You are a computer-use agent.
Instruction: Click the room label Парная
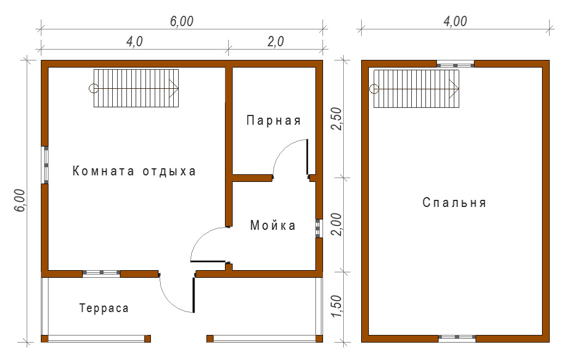tap(273, 120)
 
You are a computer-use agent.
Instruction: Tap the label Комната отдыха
tap(134, 171)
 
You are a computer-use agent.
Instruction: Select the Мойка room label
tap(273, 225)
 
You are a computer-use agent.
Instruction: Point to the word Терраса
tap(104, 308)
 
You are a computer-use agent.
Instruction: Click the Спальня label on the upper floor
tap(454, 203)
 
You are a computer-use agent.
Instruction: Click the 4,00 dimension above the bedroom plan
tap(455, 21)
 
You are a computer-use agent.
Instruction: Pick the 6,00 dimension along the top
tap(182, 21)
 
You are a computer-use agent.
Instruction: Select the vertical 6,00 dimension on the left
tap(20, 200)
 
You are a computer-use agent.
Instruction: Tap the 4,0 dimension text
tap(134, 41)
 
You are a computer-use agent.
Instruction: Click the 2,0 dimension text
tap(276, 41)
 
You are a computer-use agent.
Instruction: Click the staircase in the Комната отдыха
tap(136, 88)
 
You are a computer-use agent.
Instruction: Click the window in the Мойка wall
tap(318, 228)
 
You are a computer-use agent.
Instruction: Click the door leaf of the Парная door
tap(307, 157)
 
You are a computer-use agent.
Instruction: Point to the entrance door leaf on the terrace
tap(194, 294)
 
